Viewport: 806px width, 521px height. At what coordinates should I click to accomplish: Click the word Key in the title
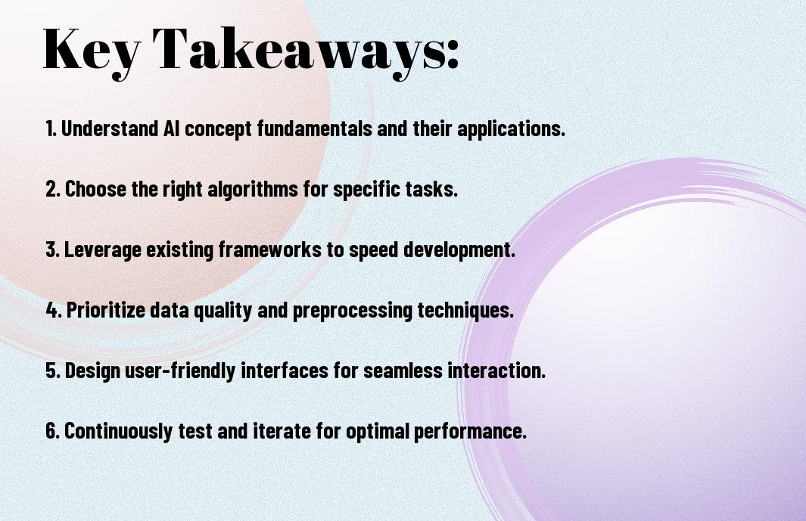(x=92, y=51)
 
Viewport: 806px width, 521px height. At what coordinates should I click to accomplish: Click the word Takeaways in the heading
(x=297, y=51)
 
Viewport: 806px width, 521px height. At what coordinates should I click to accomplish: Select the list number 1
(x=51, y=129)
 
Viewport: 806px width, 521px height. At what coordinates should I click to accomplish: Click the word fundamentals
(x=314, y=129)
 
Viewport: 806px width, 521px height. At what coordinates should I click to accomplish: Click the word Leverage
(x=102, y=250)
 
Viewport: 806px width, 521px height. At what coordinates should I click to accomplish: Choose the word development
(x=459, y=250)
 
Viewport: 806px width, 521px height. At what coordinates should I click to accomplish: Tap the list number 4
(x=54, y=310)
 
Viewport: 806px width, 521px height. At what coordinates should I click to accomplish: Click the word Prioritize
(x=106, y=310)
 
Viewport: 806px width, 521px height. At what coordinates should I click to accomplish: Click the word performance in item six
(x=470, y=431)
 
